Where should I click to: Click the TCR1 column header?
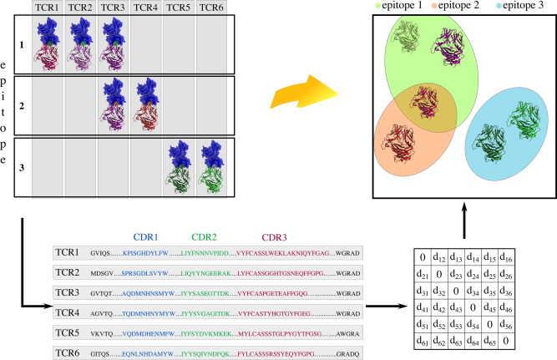(x=47, y=8)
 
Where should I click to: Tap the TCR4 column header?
(x=145, y=8)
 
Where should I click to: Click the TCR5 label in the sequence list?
(x=68, y=332)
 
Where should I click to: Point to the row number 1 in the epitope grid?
(x=23, y=43)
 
